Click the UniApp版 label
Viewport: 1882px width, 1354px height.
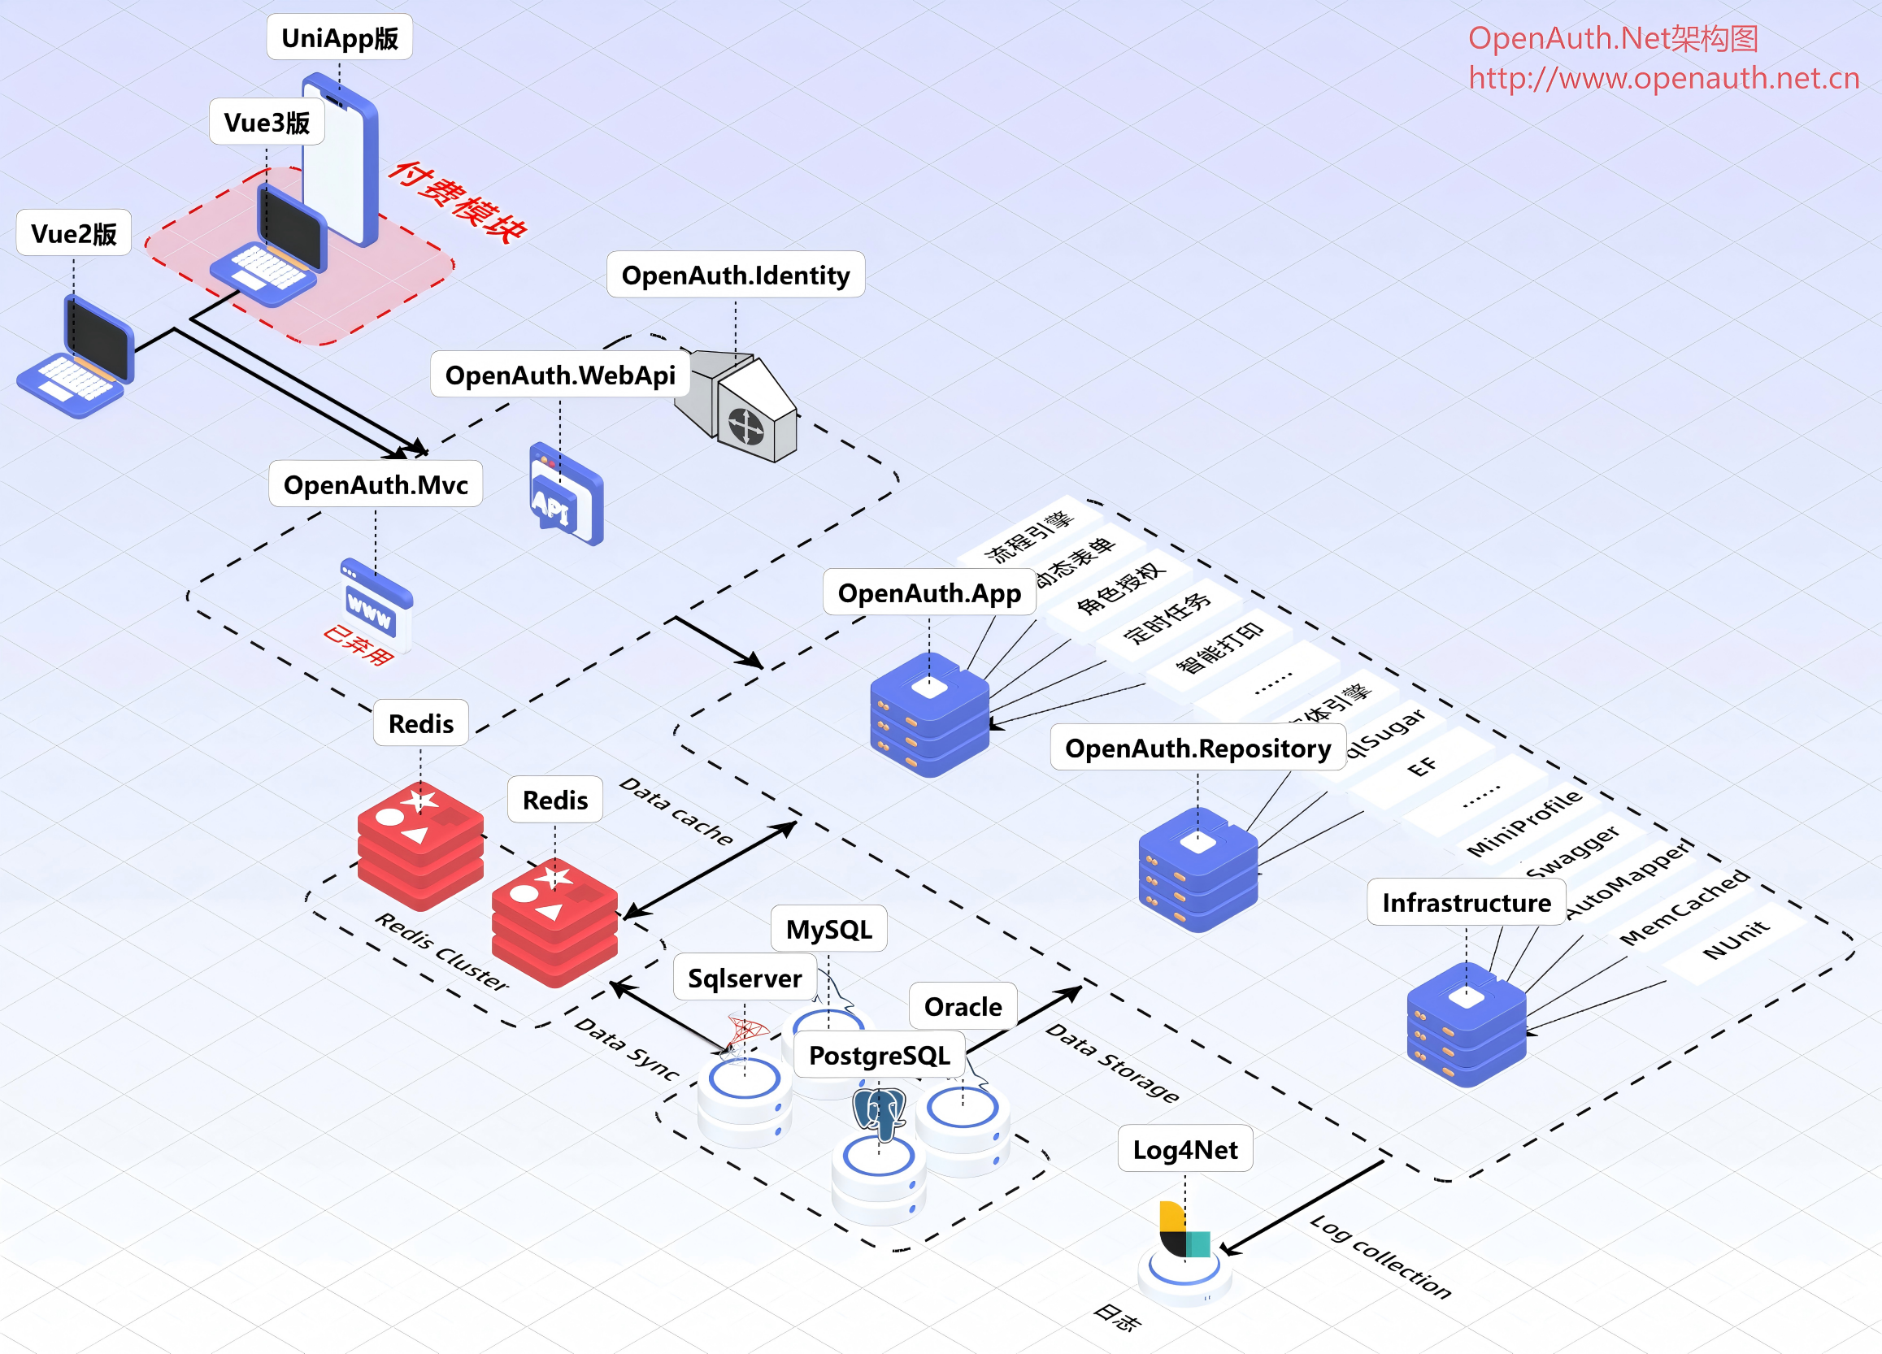(x=339, y=38)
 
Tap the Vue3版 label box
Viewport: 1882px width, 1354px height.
(x=267, y=123)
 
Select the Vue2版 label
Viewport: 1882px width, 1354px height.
(x=74, y=234)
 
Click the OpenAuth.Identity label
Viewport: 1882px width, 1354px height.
(x=735, y=276)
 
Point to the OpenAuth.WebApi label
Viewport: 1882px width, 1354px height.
(x=560, y=375)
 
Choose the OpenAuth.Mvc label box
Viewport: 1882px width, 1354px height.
(x=375, y=484)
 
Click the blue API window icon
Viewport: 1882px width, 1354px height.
(x=566, y=495)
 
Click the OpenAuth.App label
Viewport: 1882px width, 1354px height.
(x=928, y=593)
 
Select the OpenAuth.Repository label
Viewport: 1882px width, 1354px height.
(x=1197, y=749)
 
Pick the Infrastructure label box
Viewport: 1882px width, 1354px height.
(x=1466, y=903)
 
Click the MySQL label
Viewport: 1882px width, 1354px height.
(x=828, y=929)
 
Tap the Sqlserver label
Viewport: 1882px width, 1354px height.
(x=745, y=979)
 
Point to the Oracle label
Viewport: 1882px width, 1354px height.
(x=963, y=1006)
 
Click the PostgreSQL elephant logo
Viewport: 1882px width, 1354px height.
(x=879, y=1113)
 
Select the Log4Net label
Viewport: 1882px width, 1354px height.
(x=1184, y=1150)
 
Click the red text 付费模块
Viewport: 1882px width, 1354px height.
(x=457, y=202)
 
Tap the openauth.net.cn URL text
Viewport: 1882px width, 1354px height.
(x=1663, y=78)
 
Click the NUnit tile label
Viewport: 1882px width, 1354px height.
(x=1735, y=941)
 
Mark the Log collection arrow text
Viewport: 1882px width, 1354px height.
(x=1380, y=1258)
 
